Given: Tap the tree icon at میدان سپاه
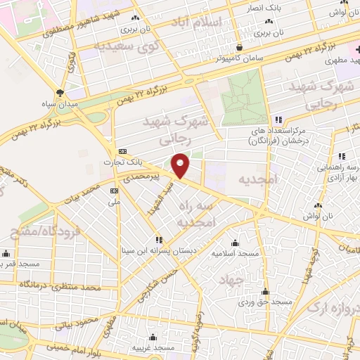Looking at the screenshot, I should pyautogui.click(x=61, y=92).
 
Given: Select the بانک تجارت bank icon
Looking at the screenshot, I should pyautogui.click(x=122, y=151).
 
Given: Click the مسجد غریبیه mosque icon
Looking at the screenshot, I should pyautogui.click(x=155, y=337).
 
